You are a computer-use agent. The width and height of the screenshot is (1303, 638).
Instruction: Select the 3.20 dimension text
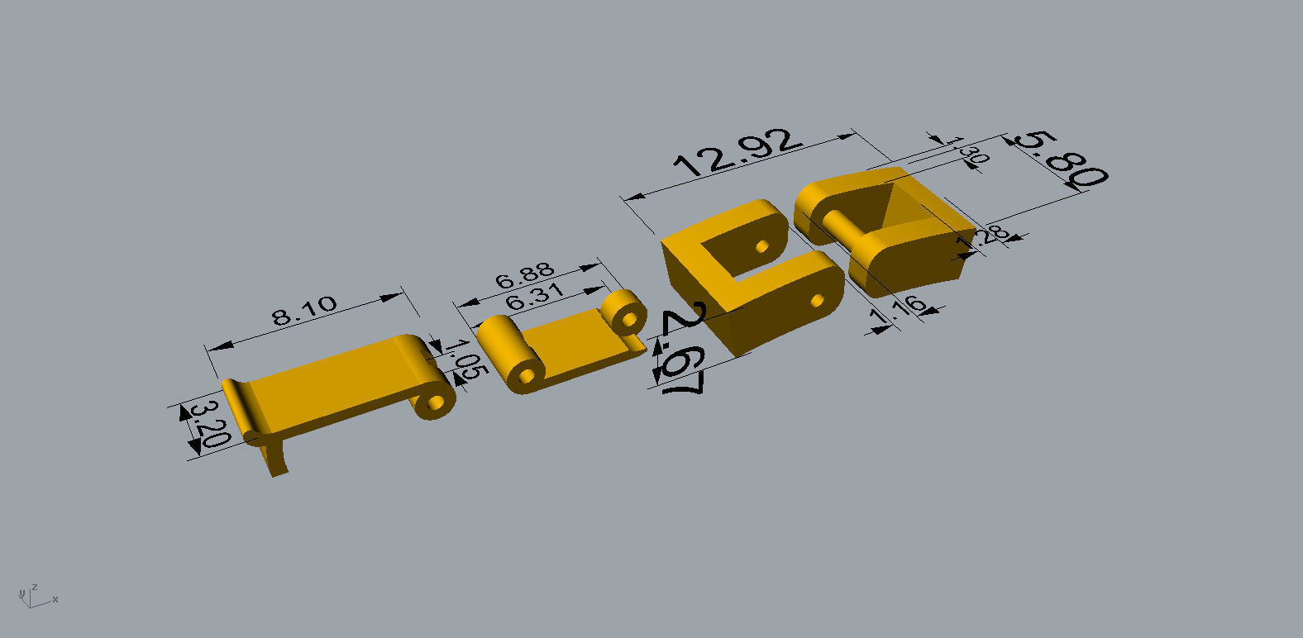click(x=207, y=423)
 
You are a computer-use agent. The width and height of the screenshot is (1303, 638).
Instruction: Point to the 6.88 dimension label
click(x=524, y=275)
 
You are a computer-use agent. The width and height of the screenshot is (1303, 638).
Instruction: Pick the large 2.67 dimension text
click(x=684, y=350)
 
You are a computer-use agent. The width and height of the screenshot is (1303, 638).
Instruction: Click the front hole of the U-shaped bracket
click(x=817, y=300)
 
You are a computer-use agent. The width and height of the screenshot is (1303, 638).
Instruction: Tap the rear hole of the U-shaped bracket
click(x=761, y=246)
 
